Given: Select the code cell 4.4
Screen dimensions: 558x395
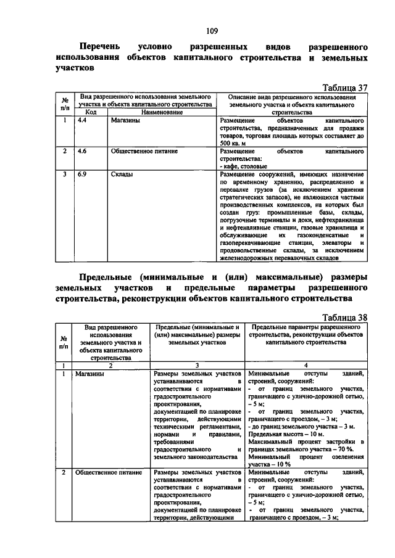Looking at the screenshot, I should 81,120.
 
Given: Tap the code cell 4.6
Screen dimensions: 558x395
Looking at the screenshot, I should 81,150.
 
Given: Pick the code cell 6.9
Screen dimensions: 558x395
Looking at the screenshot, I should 81,174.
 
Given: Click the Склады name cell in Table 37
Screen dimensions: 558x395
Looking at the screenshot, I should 122,174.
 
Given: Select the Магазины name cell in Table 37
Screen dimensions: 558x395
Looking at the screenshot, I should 125,120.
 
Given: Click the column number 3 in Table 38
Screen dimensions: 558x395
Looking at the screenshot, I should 197,365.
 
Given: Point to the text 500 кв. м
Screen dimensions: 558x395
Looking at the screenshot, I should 235,143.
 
